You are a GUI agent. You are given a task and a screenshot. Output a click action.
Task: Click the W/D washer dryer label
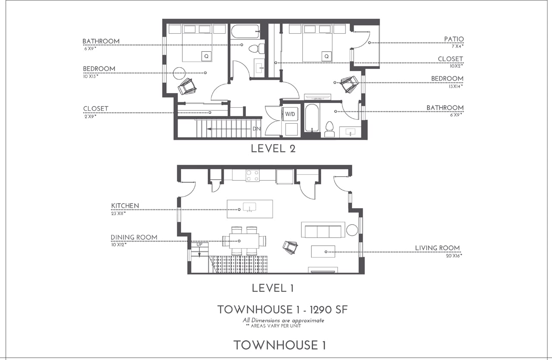[290, 114]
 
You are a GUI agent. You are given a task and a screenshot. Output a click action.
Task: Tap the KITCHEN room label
[125, 206]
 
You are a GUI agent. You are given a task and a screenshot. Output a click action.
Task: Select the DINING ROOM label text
[134, 237]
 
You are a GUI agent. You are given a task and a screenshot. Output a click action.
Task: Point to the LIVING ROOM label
[437, 248]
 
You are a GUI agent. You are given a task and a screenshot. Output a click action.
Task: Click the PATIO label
[454, 39]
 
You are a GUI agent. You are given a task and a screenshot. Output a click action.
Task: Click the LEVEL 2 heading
[273, 149]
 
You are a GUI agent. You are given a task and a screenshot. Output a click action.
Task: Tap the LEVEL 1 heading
[273, 288]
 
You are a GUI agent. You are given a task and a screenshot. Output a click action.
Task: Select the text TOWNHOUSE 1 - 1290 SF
[282, 310]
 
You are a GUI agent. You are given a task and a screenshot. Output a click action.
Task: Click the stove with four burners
[253, 175]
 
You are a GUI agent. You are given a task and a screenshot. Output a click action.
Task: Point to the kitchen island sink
[249, 207]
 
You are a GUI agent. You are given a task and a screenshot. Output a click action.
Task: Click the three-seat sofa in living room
[323, 230]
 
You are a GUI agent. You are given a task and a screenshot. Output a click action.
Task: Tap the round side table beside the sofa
[352, 230]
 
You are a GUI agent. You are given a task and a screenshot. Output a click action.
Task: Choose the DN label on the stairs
[257, 128]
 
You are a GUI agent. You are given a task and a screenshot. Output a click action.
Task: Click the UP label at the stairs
[199, 244]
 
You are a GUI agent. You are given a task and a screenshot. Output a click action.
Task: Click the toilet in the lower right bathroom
[329, 129]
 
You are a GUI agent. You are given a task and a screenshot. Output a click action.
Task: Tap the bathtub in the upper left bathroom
[245, 31]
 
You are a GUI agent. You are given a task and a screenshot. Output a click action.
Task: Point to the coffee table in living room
[323, 251]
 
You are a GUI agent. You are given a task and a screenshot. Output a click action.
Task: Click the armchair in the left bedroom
[187, 86]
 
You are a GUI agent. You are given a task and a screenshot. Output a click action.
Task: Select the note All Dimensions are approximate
[283, 320]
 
